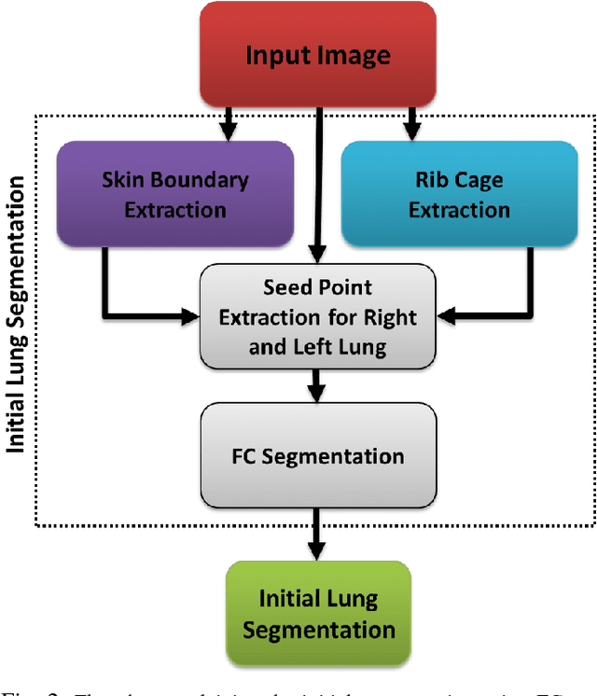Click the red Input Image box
tap(319, 56)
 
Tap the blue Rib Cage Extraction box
tap(459, 194)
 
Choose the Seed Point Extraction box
tap(318, 316)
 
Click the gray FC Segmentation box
tap(318, 456)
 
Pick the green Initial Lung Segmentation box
tap(318, 613)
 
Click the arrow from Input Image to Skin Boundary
tap(227, 123)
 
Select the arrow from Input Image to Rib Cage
tap(410, 123)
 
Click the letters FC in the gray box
tap(244, 456)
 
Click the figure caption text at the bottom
tap(298, 689)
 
